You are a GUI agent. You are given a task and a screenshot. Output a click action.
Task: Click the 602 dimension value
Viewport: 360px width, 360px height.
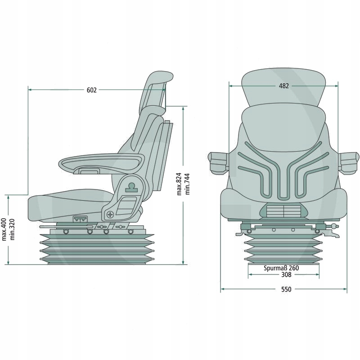pos(91,90)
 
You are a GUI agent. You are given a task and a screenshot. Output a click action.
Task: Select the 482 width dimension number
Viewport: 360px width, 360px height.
pos(283,86)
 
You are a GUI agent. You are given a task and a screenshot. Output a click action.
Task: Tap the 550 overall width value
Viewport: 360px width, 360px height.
pos(286,289)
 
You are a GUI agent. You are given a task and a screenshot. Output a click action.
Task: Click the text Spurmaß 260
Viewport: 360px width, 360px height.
pos(281,268)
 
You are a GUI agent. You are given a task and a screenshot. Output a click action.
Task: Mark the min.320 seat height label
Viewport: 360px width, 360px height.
pos(13,229)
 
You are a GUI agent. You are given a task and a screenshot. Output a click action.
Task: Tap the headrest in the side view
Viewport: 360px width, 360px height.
pos(155,90)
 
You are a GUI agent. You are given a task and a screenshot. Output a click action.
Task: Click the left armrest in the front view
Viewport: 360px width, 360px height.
pos(218,162)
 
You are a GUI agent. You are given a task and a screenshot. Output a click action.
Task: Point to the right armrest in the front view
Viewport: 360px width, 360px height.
pos(349,162)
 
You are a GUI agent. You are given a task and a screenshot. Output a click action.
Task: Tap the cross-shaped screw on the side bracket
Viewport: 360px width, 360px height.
pos(110,214)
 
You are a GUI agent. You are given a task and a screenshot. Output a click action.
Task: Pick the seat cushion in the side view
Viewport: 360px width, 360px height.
pos(67,205)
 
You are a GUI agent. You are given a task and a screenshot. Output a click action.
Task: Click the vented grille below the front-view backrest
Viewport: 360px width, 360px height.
pos(283,210)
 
